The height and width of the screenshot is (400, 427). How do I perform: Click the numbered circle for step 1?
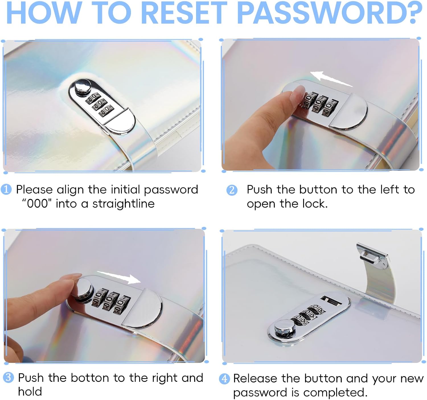[x=6, y=190]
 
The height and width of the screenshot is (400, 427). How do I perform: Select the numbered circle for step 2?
[x=232, y=190]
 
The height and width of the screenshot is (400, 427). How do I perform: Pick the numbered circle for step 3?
[x=9, y=378]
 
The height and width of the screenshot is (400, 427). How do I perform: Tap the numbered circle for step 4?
[x=225, y=379]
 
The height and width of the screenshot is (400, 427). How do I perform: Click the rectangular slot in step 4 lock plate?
[x=331, y=300]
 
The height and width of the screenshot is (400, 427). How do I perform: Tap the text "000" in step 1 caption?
[x=37, y=203]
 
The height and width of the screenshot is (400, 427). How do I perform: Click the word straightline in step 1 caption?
[x=124, y=204]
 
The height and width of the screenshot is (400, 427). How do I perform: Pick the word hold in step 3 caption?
[x=30, y=391]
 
